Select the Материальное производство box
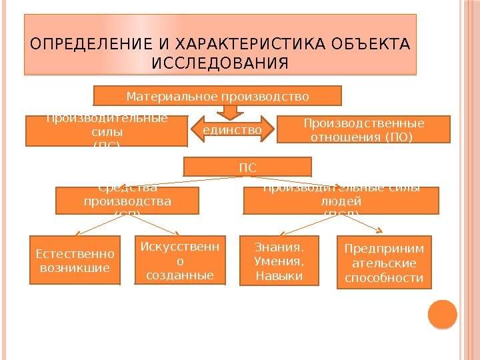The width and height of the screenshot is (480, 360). (x=217, y=96)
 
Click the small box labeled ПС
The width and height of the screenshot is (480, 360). (x=247, y=167)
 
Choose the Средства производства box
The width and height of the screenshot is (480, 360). (x=127, y=201)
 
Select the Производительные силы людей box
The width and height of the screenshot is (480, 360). (x=341, y=201)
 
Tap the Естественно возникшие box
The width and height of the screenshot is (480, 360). (x=75, y=261)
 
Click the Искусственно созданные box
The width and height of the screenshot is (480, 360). (x=180, y=261)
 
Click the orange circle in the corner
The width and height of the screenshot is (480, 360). (x=441, y=315)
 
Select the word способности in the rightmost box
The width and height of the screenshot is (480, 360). (x=383, y=277)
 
